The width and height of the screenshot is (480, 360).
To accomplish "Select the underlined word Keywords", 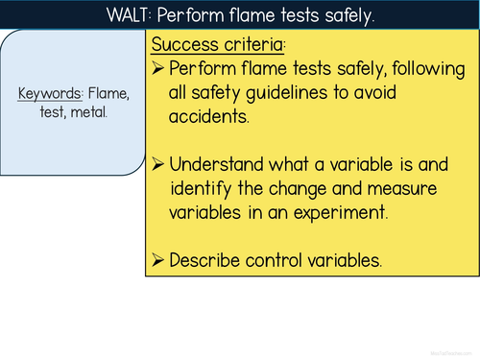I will point(51,93).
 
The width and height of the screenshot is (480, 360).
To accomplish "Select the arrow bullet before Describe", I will point(158,259).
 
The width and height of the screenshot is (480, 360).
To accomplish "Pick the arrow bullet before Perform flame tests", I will point(158,69).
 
